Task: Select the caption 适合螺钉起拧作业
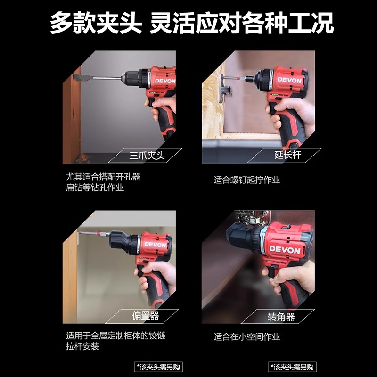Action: click(246, 180)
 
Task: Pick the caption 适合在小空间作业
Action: click(246, 336)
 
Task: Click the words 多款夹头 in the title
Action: click(95, 23)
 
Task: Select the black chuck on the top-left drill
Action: click(135, 76)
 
